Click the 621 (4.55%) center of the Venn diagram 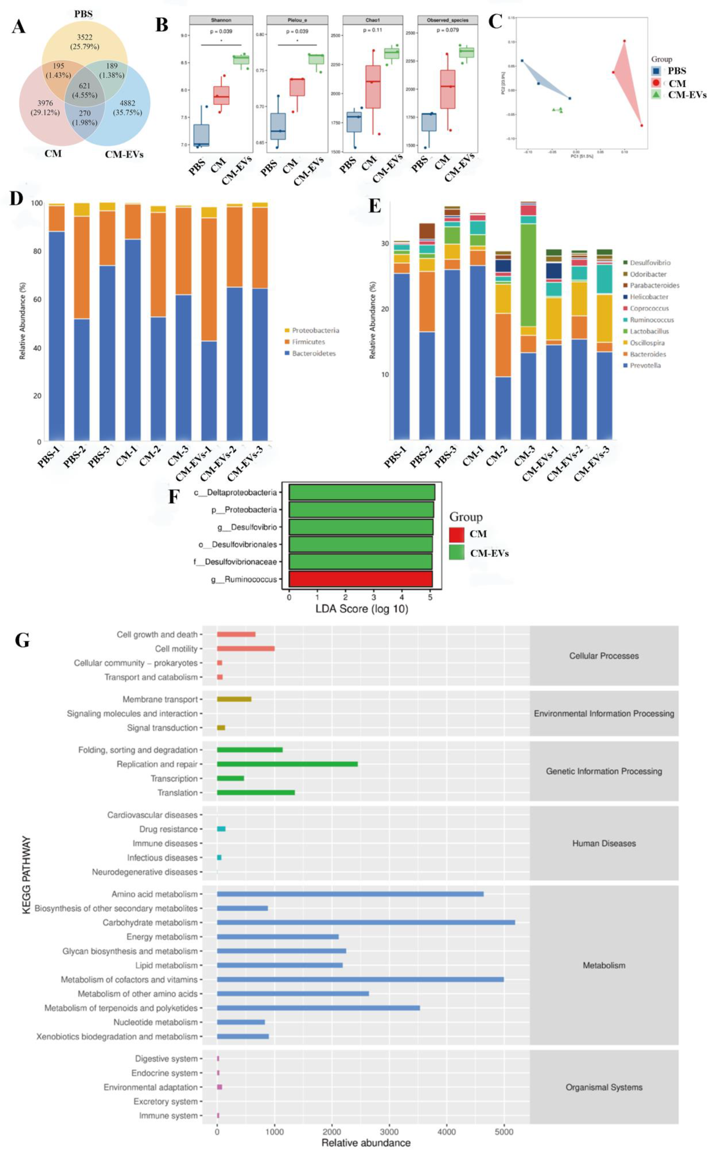pyautogui.click(x=85, y=90)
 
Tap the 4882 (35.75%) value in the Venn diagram pyautogui.click(x=127, y=108)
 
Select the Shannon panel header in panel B pyautogui.click(x=221, y=20)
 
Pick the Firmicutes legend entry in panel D pyautogui.click(x=308, y=342)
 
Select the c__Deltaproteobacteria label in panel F pyautogui.click(x=235, y=492)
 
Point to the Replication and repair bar pyautogui.click(x=287, y=764)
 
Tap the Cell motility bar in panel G pyautogui.click(x=245, y=648)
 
